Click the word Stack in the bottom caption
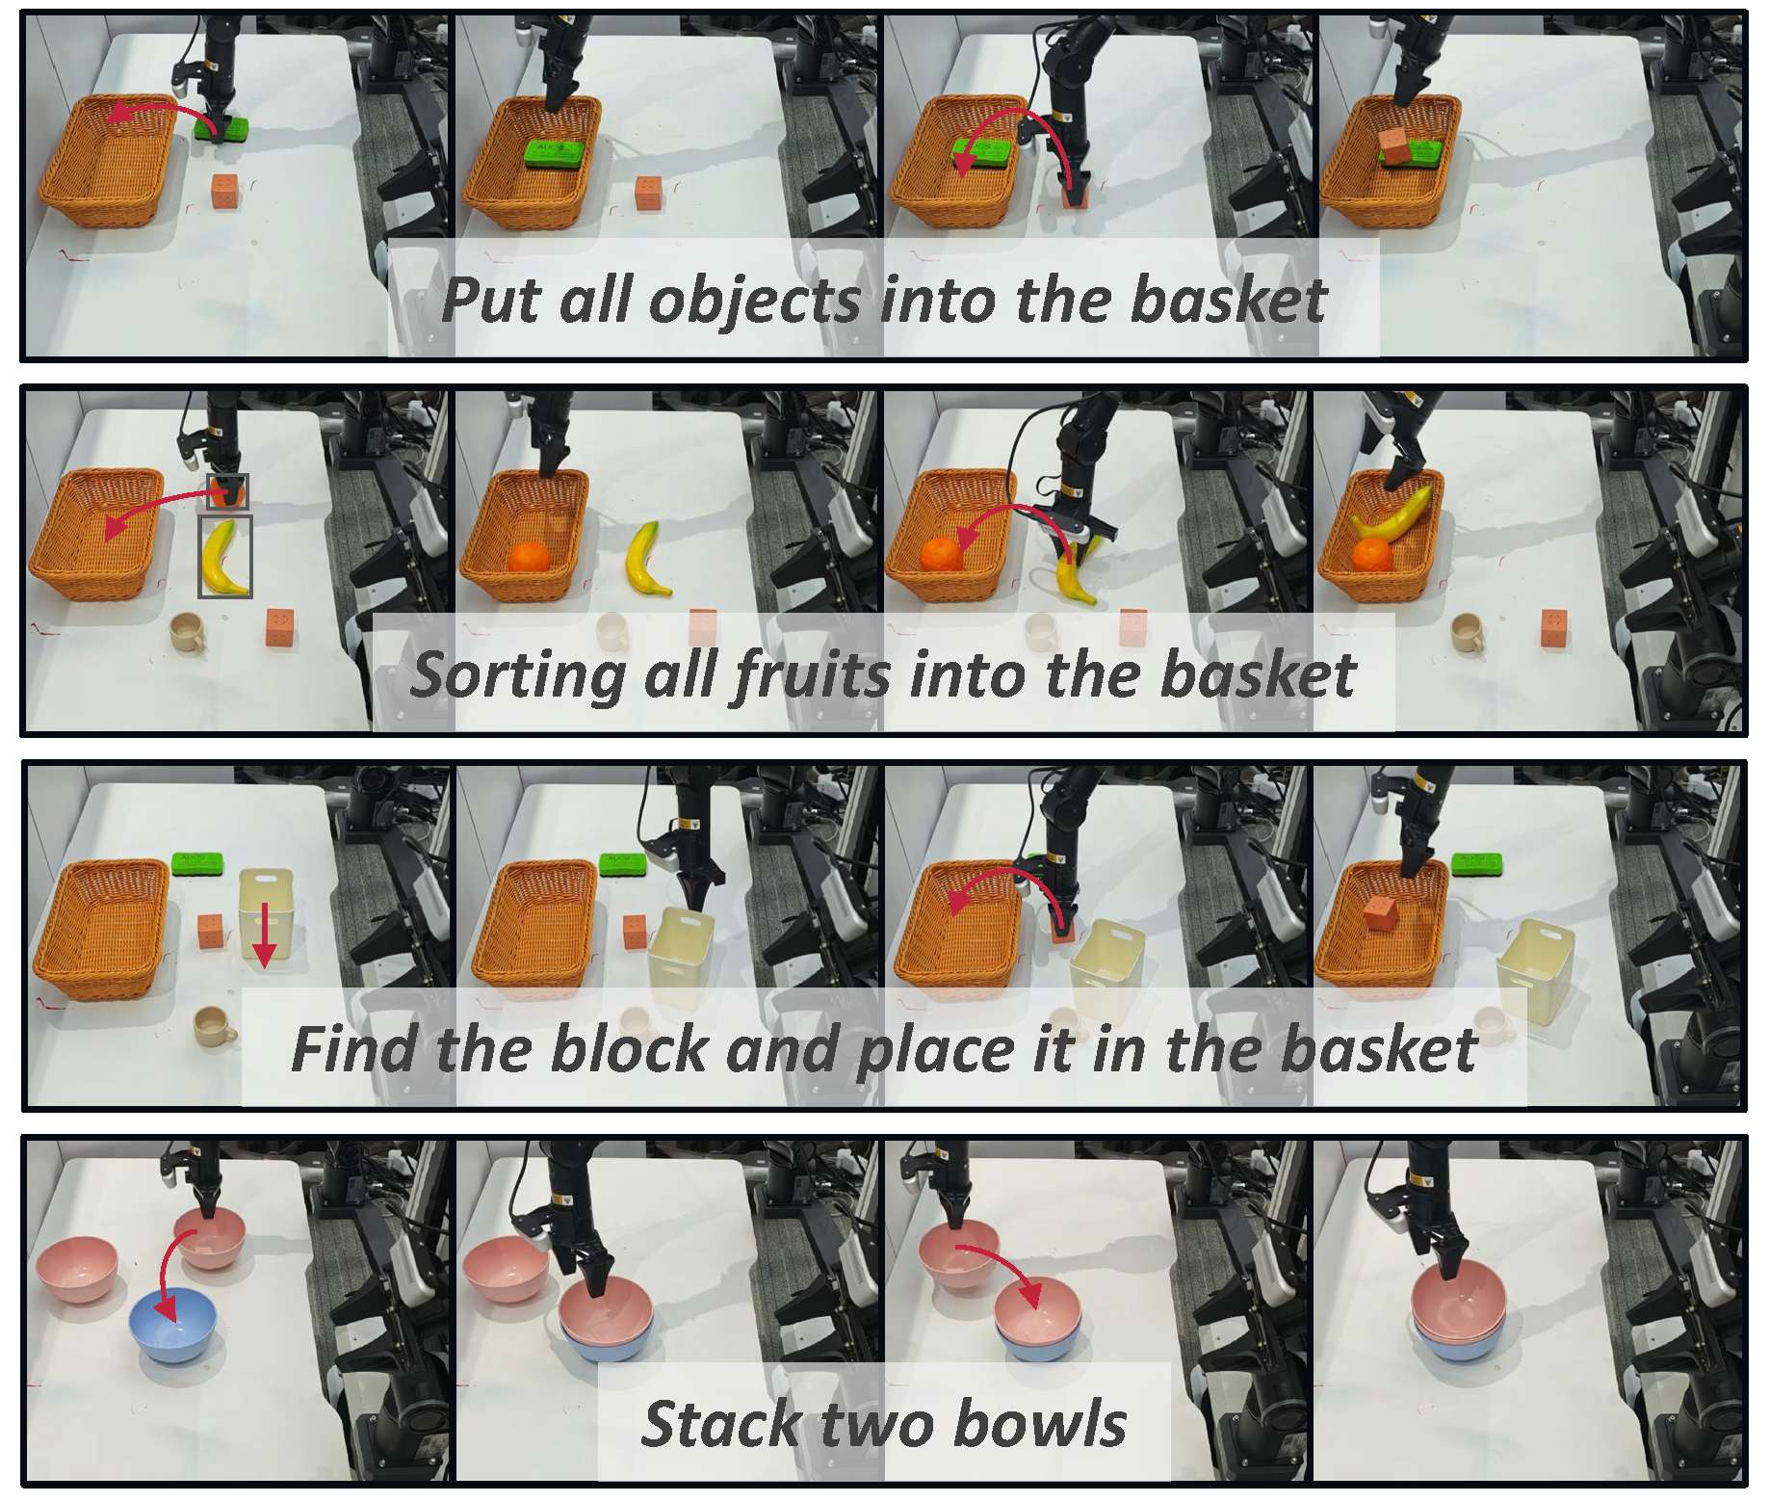(x=720, y=1423)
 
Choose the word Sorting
(x=519, y=675)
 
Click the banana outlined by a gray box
(x=223, y=558)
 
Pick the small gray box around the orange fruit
(x=228, y=491)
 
